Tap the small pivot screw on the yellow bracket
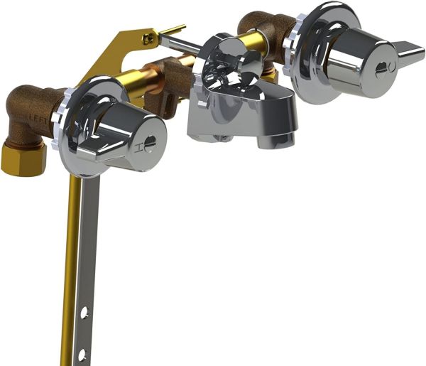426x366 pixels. (x=148, y=41)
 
